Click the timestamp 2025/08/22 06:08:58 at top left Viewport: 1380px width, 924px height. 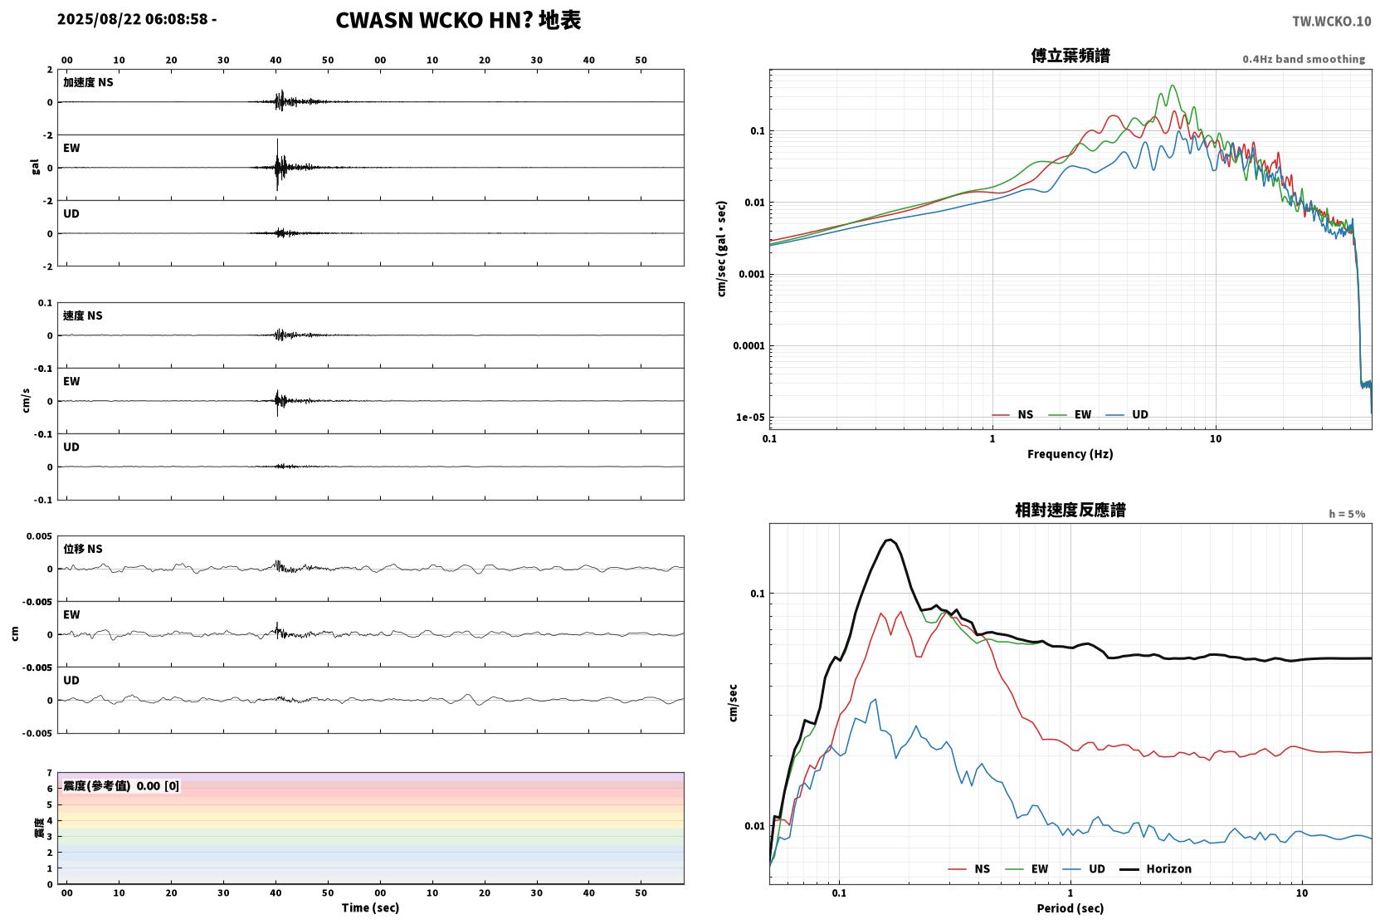[133, 19]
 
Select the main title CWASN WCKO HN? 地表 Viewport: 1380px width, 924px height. [458, 21]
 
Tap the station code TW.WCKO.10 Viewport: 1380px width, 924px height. [1331, 22]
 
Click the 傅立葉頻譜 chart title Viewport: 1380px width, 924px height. [1070, 56]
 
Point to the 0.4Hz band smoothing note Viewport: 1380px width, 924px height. [1304, 59]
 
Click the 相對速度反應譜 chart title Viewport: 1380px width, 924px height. [1070, 511]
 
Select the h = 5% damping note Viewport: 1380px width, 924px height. [1347, 514]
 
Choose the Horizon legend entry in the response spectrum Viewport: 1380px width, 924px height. [1155, 869]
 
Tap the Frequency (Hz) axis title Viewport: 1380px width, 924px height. [1070, 454]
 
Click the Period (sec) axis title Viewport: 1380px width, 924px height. [1070, 908]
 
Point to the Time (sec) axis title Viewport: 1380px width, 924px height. [370, 908]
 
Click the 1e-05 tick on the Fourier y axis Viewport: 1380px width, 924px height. [750, 418]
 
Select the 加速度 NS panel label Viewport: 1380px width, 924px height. [88, 82]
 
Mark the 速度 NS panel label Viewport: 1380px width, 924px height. [82, 315]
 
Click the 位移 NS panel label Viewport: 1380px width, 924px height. [82, 550]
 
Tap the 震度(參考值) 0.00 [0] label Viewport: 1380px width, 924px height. [121, 786]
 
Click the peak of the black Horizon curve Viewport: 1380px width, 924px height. [889, 540]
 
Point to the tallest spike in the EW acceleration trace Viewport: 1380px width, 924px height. [277, 140]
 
